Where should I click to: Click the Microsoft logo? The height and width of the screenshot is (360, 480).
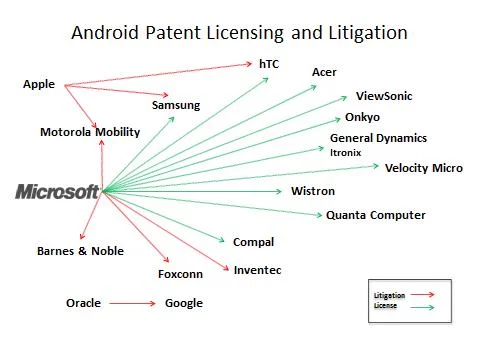pos(57,192)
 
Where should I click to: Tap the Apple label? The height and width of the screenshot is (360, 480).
pos(39,84)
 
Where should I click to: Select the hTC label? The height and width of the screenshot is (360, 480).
pos(269,64)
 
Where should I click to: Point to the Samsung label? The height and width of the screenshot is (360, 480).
pos(176,105)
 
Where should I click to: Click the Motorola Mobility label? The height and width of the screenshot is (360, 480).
pos(90,132)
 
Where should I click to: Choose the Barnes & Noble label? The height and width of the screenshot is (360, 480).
pos(80,251)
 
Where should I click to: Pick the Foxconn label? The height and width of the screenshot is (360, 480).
pos(180,274)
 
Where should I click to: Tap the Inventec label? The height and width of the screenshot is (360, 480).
pos(257,270)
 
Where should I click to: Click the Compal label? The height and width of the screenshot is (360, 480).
pos(253,242)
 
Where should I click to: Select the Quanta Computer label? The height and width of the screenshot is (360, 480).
pos(376,215)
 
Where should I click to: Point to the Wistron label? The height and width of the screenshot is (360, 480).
pos(313,191)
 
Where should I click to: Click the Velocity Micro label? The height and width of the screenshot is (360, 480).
pos(424,168)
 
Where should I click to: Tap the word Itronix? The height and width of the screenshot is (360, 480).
pos(346,153)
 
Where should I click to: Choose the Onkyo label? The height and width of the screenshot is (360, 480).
pos(362,117)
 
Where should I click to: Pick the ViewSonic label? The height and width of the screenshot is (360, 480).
pos(384,96)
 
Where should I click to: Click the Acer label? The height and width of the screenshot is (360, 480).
pos(324,72)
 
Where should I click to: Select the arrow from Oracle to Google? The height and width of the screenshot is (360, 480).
pos(132,303)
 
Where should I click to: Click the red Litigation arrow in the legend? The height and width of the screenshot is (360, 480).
pos(423,294)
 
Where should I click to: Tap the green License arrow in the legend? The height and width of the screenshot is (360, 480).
pos(423,307)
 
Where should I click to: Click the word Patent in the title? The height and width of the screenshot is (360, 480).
pos(174,33)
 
